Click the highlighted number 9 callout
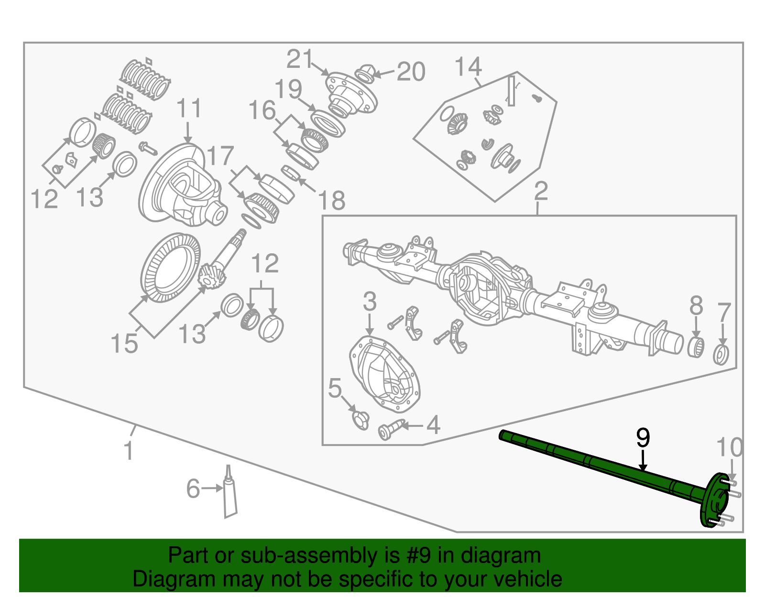pos(643,438)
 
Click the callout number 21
pos(300,60)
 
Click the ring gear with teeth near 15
pos(170,268)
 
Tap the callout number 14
pos(468,67)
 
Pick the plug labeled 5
pos(360,420)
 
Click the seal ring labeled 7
pos(721,355)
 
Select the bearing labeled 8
pos(696,347)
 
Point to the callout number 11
pos(189,109)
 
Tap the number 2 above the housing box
pos(540,191)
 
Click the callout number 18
pos(331,200)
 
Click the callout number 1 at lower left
pos(128,451)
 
